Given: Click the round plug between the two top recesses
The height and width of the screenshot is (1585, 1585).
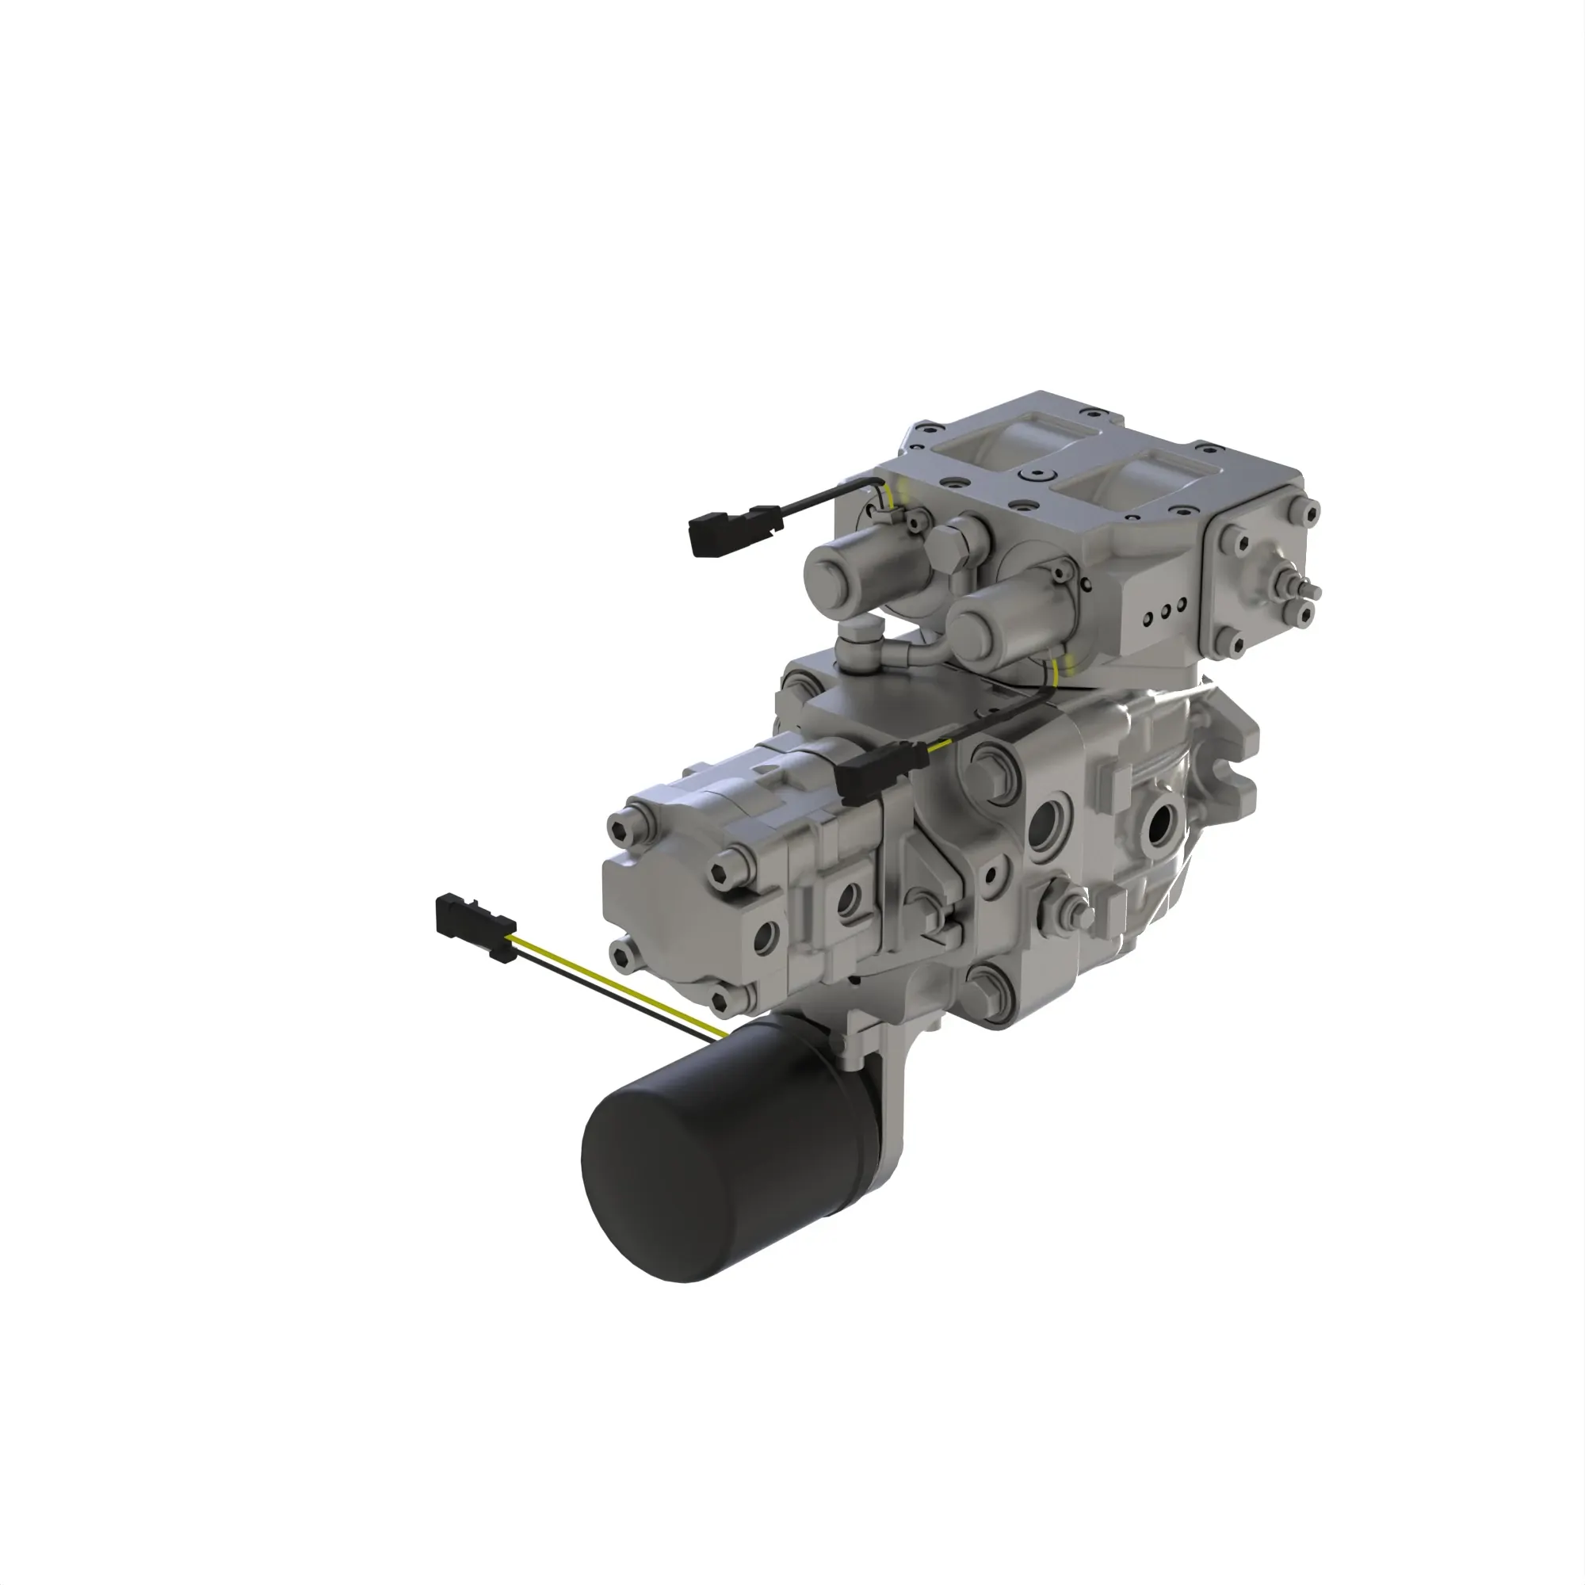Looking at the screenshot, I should tap(1042, 475).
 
